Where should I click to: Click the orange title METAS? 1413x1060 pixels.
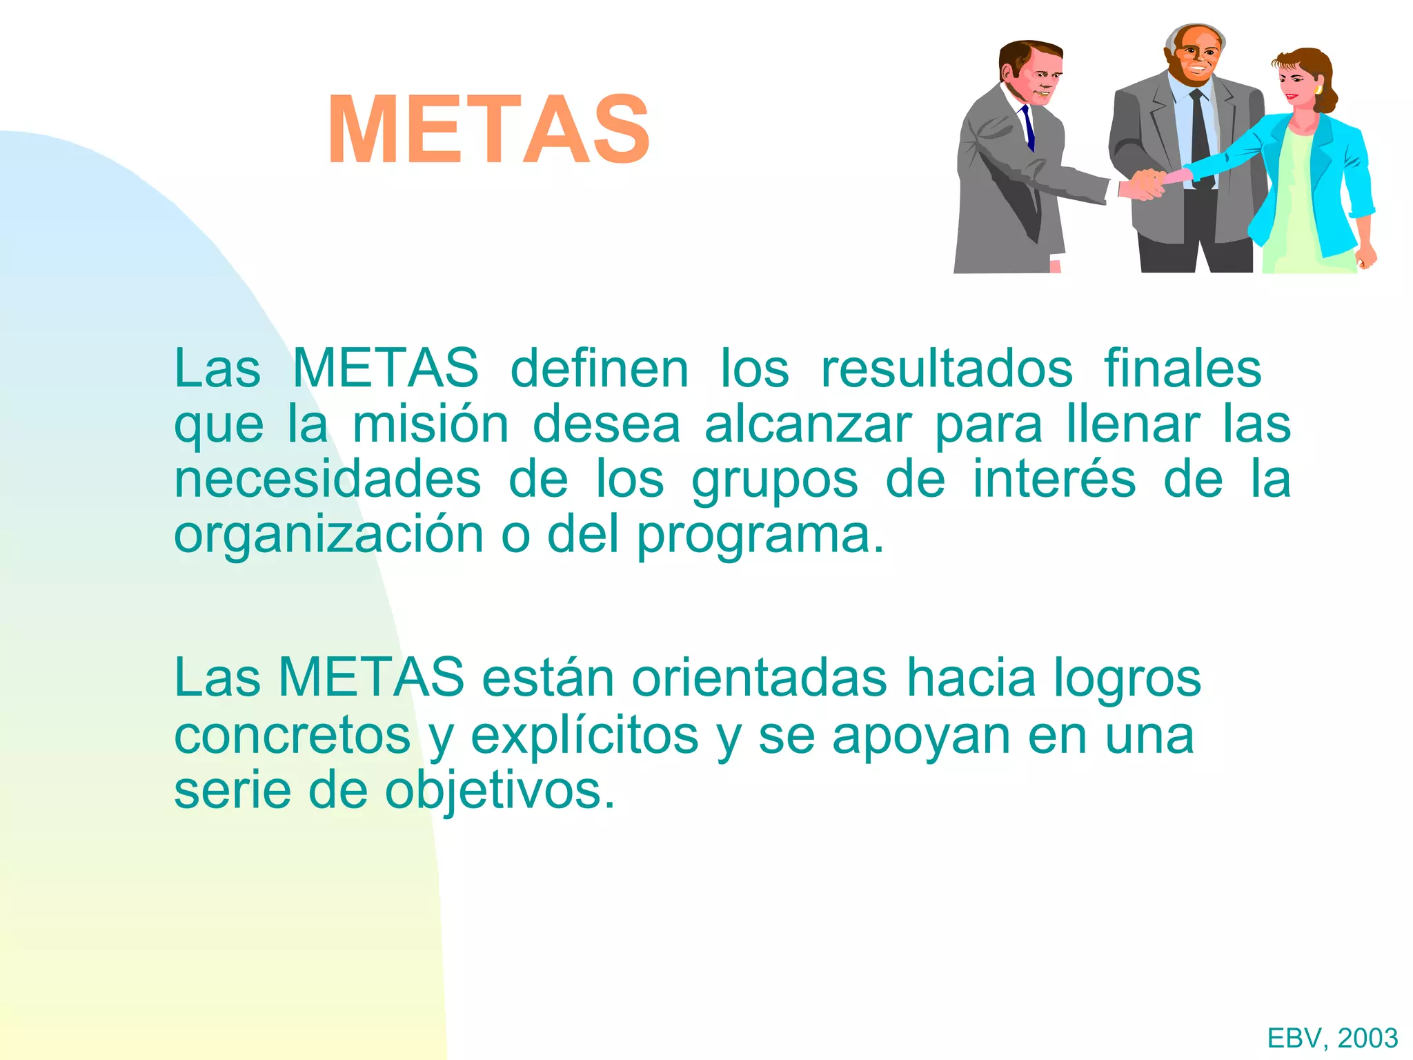pyautogui.click(x=488, y=130)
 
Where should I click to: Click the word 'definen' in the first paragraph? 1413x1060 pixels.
pyautogui.click(x=599, y=369)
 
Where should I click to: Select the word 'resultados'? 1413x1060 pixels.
pyautogui.click(x=947, y=369)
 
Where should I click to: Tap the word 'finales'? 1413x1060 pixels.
pyautogui.click(x=1183, y=369)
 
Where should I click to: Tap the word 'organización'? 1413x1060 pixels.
pyautogui.click(x=328, y=536)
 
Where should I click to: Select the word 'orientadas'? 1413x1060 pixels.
pyautogui.click(x=759, y=678)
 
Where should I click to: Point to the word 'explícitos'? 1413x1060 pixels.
pyautogui.click(x=584, y=736)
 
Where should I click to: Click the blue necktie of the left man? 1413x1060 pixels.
pyautogui.click(x=1028, y=128)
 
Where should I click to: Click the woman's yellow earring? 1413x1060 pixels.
pyautogui.click(x=1318, y=90)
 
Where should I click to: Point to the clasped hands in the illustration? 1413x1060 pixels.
pyautogui.click(x=1147, y=183)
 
